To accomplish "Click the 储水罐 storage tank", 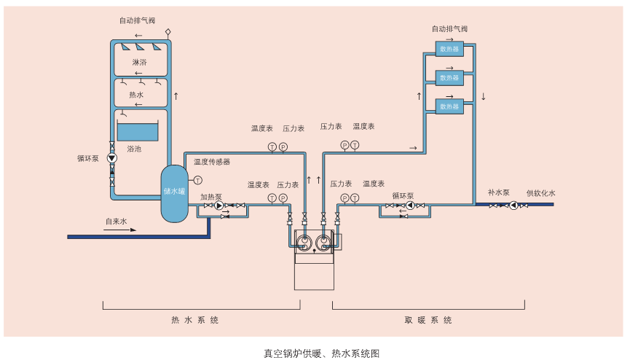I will (173, 193).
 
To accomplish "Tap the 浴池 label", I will (134, 149).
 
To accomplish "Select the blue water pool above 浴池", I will (137, 132).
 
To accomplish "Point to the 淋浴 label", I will (139, 63).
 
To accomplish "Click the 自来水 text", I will (117, 221).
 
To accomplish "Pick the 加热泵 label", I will (211, 197).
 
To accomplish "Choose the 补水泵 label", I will (499, 193).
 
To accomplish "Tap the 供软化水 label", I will (540, 193).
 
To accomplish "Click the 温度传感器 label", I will (212, 162).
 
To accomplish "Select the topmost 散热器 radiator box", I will (449, 50).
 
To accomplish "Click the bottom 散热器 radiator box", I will (449, 106).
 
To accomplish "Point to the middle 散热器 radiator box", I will (449, 77).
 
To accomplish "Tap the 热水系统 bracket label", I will (194, 320).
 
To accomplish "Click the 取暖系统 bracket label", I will (428, 320).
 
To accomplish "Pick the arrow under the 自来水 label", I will (119, 230).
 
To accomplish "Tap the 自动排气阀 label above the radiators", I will (449, 29).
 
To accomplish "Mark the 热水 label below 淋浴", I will (136, 95).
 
